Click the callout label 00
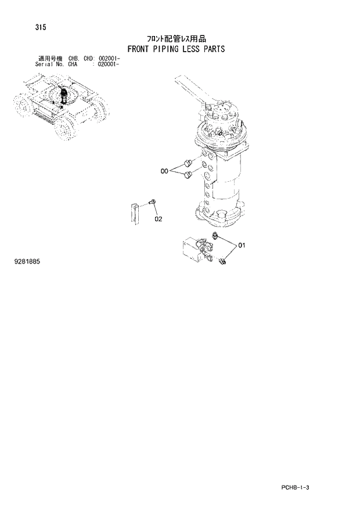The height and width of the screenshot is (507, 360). tap(164, 171)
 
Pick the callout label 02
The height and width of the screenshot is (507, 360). tap(158, 220)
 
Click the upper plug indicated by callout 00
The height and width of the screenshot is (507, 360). tap(186, 162)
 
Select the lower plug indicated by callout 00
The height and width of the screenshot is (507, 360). tap(188, 175)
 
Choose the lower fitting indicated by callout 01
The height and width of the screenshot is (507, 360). tap(223, 263)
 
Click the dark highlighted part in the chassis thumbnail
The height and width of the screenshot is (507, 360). tap(63, 95)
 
